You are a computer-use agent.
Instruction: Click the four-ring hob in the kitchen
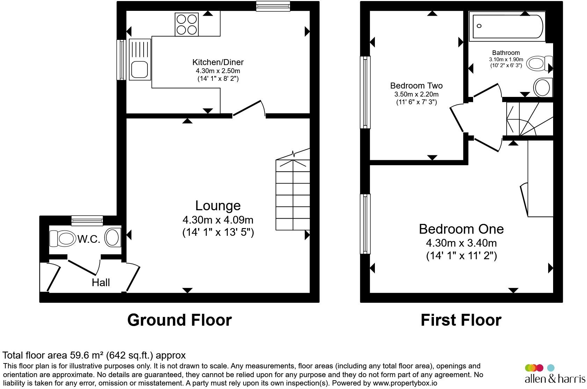(187, 24)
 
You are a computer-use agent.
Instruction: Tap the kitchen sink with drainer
(140, 59)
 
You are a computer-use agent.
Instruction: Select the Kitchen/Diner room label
(218, 62)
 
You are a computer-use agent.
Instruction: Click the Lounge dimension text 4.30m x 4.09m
(218, 220)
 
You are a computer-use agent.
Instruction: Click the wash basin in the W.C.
(113, 238)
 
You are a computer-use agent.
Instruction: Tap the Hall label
(101, 283)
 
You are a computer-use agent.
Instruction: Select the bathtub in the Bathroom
(507, 26)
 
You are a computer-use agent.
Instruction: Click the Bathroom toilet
(539, 63)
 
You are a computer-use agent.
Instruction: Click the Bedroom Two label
(416, 85)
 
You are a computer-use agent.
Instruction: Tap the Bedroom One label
(461, 229)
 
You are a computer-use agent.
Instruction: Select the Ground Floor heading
(180, 320)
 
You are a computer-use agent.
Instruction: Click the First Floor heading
(461, 320)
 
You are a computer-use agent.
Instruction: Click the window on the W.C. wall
(87, 221)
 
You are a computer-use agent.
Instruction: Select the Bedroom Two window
(365, 92)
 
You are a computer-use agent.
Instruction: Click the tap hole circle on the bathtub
(479, 26)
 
